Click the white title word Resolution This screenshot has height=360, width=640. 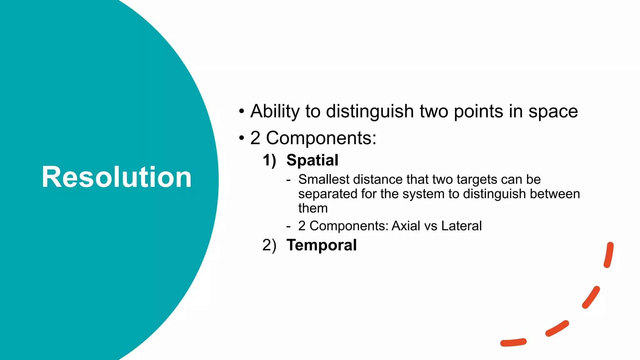coord(117,177)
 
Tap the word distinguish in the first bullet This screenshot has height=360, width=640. coord(370,112)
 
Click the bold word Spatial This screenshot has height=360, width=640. coord(312,160)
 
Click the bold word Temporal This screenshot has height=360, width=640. coord(321,245)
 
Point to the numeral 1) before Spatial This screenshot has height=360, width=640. coord(269,160)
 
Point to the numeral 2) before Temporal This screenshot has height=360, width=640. coord(269,245)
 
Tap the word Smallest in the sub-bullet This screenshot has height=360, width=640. coord(324,180)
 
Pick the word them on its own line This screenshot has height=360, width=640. coord(313,208)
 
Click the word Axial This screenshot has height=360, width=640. coord(406,226)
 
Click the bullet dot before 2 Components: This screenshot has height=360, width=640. coord(241,138)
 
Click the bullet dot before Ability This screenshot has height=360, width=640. coord(241,111)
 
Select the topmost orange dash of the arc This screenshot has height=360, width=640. coord(609,255)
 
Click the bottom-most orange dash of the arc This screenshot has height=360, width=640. coord(513,342)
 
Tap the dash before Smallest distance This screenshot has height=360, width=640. coord(288,180)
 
